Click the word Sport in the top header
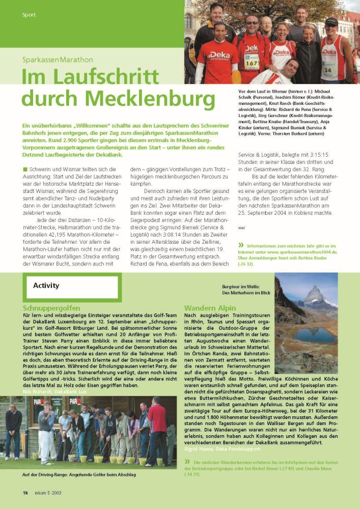(x=29, y=15)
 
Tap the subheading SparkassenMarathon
(x=57, y=60)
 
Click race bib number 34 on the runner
(x=327, y=70)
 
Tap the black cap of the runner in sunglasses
(x=331, y=22)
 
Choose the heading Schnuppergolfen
(x=51, y=308)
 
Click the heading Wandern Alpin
(x=210, y=308)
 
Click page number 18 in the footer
(x=25, y=492)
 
